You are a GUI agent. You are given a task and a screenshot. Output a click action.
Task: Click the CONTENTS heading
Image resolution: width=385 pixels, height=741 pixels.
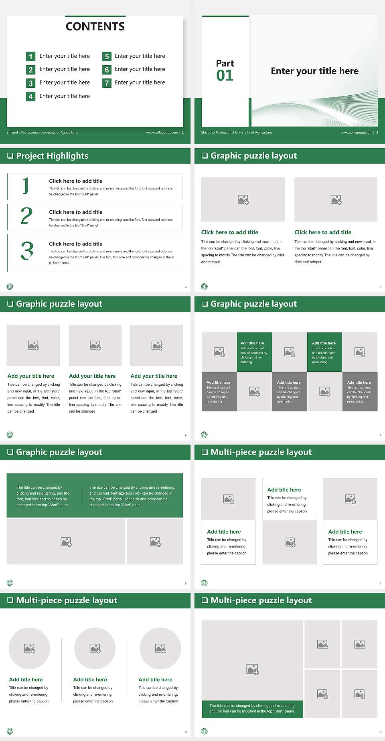95,26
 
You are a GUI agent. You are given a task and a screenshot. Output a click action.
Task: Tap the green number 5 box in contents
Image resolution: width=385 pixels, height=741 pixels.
107,56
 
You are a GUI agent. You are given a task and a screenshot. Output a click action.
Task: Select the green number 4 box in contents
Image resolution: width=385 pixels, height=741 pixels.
30,97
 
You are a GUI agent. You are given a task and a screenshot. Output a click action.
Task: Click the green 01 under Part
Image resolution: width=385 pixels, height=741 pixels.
225,75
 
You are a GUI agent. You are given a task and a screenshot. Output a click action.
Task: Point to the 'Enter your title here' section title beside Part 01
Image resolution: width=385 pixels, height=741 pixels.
314,71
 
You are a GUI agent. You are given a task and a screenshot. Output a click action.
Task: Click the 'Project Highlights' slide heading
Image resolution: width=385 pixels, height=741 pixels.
52,156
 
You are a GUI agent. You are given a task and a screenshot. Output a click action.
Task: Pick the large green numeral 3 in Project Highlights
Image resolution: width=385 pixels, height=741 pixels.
27,251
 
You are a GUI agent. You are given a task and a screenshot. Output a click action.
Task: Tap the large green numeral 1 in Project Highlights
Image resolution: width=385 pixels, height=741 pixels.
26,186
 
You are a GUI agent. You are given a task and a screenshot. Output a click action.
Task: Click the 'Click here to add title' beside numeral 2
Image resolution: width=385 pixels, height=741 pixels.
75,212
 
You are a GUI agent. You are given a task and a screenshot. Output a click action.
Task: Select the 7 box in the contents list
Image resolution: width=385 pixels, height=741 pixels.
107,83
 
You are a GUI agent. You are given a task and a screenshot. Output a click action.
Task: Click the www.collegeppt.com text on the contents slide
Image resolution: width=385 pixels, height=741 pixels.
162,132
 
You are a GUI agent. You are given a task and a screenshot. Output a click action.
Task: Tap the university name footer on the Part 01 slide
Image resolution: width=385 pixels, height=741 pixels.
236,132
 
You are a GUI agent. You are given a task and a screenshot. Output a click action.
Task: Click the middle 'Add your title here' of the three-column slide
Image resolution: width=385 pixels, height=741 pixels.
92,376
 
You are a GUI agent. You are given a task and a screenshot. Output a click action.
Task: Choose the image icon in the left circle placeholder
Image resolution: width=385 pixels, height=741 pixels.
29,648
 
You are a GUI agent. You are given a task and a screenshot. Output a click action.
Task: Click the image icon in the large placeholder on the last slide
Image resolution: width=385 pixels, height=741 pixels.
252,669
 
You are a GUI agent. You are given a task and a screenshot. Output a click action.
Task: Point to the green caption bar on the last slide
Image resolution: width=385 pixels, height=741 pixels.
252,709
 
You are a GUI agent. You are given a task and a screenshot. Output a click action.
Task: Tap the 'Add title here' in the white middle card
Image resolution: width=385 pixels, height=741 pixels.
284,489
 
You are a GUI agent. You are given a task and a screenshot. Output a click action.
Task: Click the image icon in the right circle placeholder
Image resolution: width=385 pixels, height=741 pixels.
160,648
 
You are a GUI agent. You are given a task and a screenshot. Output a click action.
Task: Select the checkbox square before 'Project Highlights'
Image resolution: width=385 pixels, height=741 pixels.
10,156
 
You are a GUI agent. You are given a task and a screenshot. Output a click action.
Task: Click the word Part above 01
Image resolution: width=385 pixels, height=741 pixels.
225,63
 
